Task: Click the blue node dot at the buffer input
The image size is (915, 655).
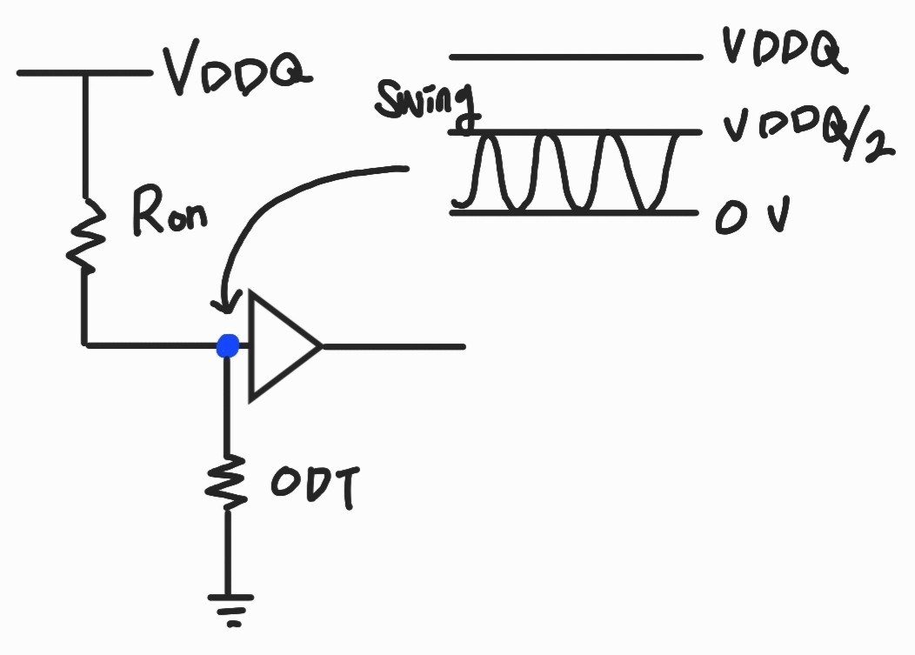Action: [227, 346]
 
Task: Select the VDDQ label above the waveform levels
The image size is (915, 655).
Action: [782, 52]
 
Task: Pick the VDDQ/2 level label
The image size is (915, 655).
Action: [805, 137]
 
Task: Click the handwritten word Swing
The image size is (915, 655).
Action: [426, 103]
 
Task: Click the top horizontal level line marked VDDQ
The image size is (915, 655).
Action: [574, 57]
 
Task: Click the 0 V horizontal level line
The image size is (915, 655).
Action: [574, 212]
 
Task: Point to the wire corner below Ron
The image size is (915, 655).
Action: [85, 345]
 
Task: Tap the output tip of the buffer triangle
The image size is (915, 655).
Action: [321, 346]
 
